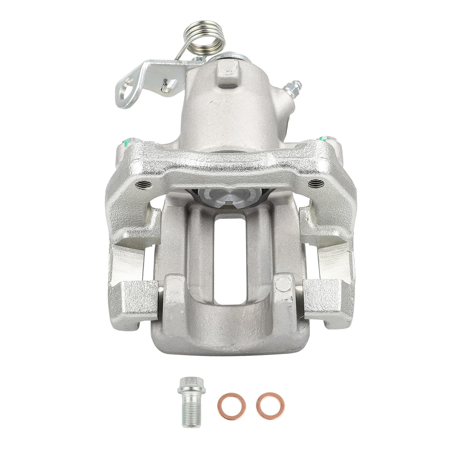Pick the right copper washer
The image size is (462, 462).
point(269,403)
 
